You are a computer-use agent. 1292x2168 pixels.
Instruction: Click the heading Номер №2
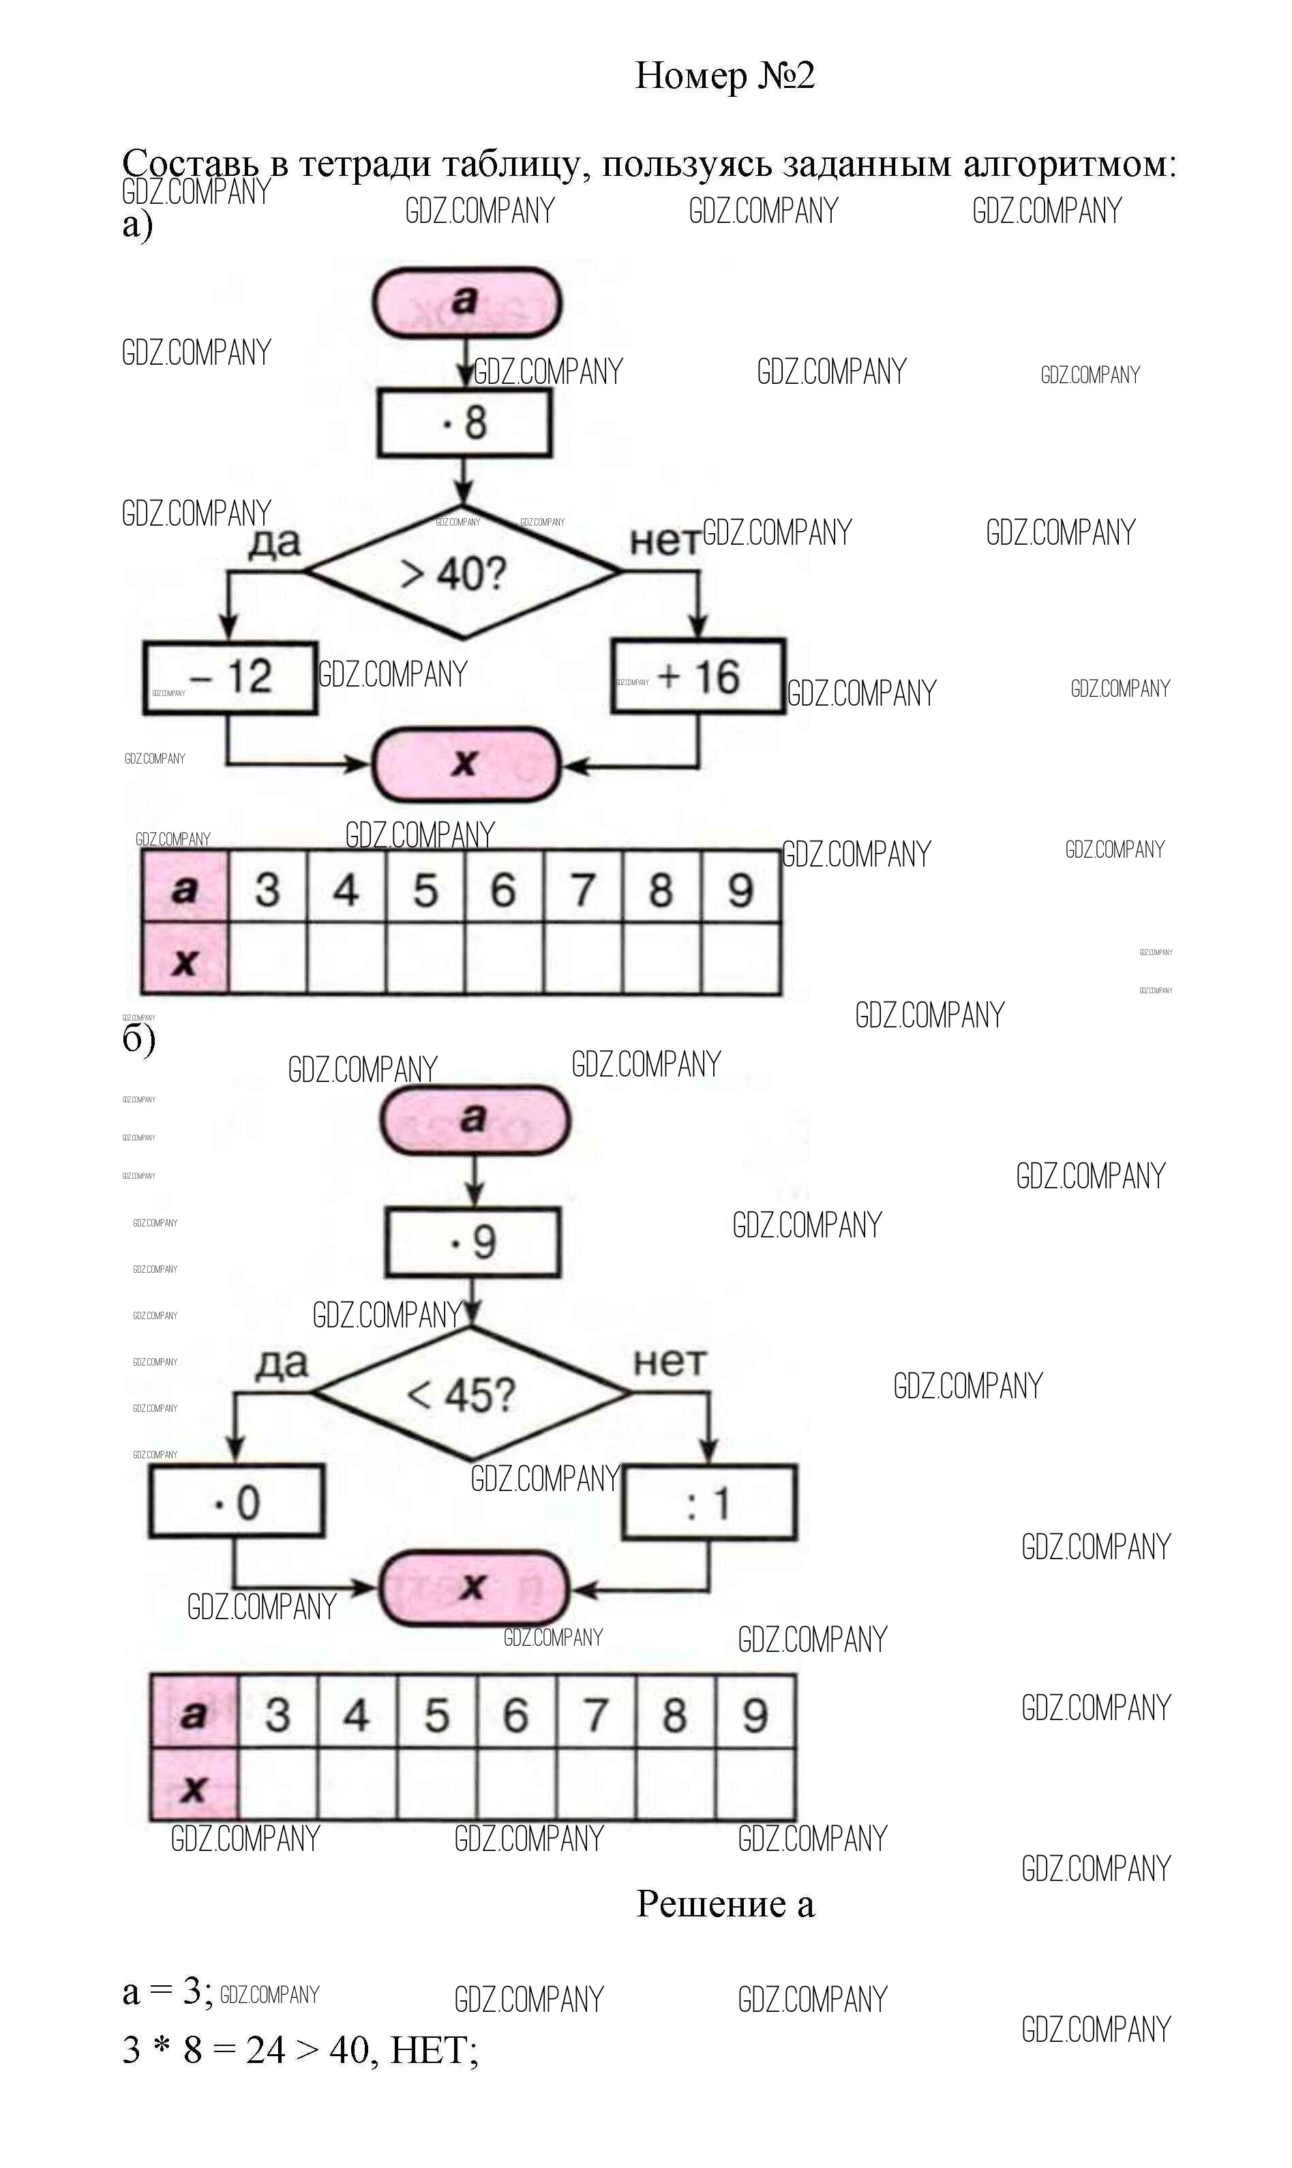point(724,76)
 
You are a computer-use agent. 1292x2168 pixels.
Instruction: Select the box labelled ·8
point(464,423)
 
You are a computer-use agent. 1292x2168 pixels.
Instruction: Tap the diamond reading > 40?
point(462,573)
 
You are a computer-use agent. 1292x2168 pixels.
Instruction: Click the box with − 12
point(230,678)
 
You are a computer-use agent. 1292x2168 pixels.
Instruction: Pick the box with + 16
point(698,677)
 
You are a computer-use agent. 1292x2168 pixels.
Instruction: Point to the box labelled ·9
point(472,1242)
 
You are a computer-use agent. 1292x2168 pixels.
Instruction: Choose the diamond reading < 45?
point(471,1394)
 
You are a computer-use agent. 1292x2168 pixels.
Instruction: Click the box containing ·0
point(237,1502)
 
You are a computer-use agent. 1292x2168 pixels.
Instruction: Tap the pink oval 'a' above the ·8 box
point(466,302)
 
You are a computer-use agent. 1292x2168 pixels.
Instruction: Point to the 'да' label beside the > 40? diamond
point(275,542)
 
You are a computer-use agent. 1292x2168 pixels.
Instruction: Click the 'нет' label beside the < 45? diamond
point(670,1362)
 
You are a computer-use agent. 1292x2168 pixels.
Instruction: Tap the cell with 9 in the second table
point(755,1715)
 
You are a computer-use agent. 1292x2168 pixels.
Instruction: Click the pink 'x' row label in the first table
point(185,960)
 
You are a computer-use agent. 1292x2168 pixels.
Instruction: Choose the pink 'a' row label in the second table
point(193,1714)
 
